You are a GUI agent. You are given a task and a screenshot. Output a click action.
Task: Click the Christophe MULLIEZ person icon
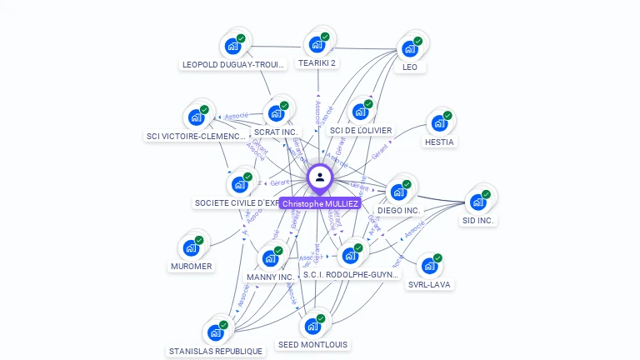pos(320,177)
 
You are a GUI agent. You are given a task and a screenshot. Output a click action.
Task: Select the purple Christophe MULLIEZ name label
pos(320,203)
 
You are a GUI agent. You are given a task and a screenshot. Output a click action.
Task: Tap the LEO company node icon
pos(409,47)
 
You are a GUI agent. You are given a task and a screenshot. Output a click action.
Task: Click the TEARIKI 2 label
pos(317,62)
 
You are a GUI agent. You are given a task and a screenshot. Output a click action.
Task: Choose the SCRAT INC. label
pos(275,132)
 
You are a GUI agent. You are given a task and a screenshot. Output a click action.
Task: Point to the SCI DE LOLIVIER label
pos(360,130)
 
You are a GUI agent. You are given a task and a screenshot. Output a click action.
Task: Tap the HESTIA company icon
pos(438,123)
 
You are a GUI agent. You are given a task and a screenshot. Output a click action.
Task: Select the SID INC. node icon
pos(477,202)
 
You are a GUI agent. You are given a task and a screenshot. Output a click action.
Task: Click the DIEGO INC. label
pos(398,211)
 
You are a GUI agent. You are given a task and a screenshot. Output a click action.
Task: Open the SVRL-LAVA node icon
pos(429,266)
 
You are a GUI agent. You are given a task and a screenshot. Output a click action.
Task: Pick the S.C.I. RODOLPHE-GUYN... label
pos(351,274)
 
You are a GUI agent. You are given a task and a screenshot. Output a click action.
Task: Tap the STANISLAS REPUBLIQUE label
pos(215,352)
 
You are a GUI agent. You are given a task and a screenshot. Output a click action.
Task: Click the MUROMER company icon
pos(191,247)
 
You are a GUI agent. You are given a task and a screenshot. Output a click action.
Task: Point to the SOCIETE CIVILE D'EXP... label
pos(237,202)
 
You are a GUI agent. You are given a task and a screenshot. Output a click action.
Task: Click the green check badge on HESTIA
pos(447,115)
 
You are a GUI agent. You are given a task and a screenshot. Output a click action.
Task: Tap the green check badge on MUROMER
pos(199,240)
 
